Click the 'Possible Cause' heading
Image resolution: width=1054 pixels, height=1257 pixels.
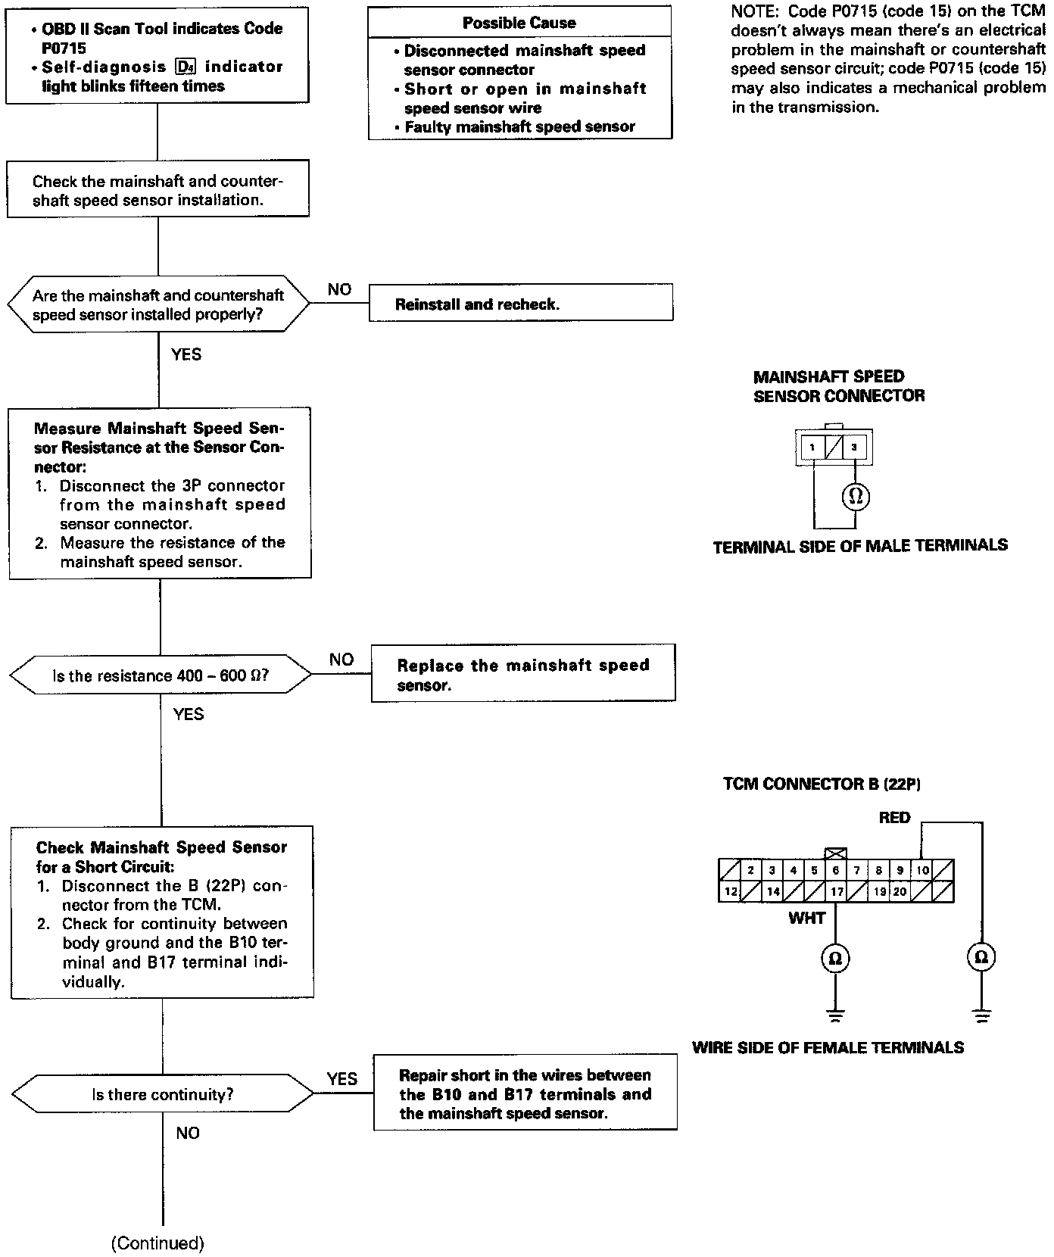pos(519,23)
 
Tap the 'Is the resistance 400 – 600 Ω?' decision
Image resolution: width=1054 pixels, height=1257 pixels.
pos(160,675)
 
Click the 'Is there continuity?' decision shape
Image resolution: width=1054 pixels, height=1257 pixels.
pos(162,1094)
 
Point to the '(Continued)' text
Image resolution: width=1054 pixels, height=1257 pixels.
pos(157,1243)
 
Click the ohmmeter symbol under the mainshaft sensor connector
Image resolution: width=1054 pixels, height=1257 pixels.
pos(856,497)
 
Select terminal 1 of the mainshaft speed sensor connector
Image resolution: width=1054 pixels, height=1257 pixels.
pos(812,448)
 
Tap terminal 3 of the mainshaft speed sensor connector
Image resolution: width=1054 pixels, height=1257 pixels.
pos(853,448)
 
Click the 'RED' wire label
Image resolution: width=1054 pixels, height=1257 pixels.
pos(894,818)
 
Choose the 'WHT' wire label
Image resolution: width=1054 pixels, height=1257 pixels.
pos(806,918)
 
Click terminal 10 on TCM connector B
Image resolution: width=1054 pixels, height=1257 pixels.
pos(921,870)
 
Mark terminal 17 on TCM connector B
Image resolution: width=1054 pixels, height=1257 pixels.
pos(836,892)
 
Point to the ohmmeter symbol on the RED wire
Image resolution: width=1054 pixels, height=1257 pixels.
pos(981,957)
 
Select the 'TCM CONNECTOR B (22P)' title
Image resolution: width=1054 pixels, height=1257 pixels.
pos(822,784)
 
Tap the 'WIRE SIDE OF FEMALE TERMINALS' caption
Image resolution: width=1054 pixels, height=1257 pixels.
pos(828,1048)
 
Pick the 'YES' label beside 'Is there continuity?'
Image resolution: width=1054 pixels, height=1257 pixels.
pos(342,1078)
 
